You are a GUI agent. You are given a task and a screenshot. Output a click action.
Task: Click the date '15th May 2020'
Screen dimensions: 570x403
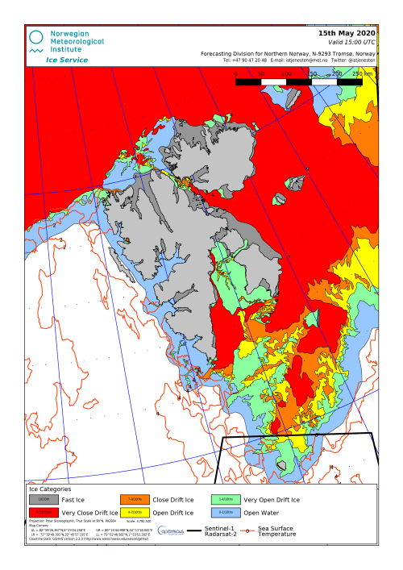pos(347,33)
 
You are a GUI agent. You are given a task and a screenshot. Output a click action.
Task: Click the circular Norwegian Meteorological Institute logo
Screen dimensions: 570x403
pos(35,37)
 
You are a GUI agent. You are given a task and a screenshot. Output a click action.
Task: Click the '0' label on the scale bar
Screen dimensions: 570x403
pos(235,73)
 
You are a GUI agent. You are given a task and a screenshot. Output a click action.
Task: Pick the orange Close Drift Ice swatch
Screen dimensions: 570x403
pos(134,500)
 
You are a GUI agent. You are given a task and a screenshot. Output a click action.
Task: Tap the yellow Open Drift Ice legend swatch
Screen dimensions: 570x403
pos(134,513)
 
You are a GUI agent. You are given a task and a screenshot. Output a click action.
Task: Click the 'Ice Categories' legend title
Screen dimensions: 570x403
pos(50,489)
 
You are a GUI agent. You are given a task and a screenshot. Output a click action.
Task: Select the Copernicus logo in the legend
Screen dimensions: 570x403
pos(171,530)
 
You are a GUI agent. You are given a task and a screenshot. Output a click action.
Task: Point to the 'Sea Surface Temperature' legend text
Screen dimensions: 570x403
pos(279,531)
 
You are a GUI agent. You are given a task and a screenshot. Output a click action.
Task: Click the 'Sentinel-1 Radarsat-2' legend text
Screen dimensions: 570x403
pos(219,531)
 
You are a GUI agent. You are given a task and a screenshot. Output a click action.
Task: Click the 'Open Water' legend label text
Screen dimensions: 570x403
pos(261,513)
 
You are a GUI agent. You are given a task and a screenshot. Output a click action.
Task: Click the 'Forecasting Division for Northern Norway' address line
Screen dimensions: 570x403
pos(288,53)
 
